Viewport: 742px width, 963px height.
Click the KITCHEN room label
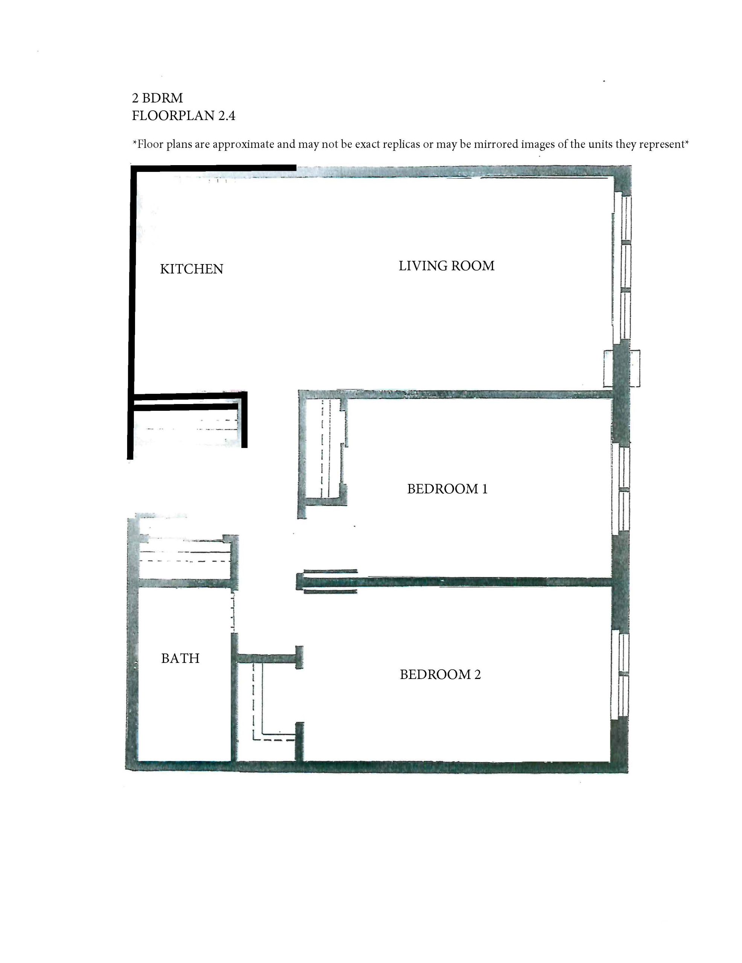tap(192, 269)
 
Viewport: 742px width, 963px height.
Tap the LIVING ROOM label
tap(446, 266)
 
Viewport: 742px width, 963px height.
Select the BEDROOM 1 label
tap(447, 489)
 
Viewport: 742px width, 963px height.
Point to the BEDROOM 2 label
tap(440, 674)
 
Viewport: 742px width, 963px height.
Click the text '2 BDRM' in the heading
tap(158, 98)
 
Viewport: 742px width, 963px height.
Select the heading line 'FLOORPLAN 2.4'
tap(184, 115)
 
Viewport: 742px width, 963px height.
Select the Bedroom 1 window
tap(621, 489)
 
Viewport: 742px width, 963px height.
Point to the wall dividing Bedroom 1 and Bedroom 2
tap(455, 582)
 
